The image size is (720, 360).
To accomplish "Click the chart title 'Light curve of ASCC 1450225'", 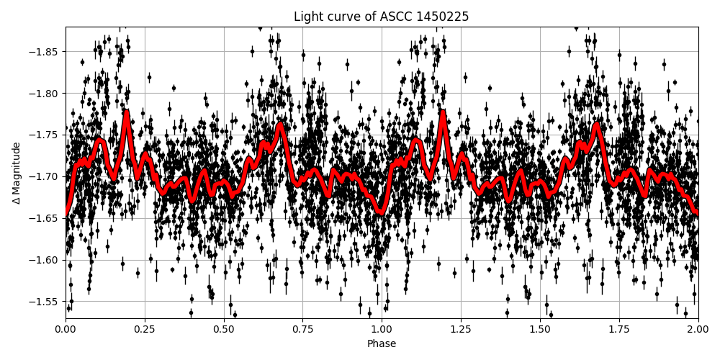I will coord(381,17).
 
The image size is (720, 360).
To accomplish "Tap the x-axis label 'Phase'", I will coord(382,344).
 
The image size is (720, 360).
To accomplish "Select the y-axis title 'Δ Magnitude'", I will coord(16,173).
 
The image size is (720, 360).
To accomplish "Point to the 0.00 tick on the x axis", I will coord(66,329).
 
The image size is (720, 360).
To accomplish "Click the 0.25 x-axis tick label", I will coord(145,329).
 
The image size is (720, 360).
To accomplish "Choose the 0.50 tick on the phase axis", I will coord(224,329).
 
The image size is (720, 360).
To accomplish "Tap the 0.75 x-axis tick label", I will coord(302,329).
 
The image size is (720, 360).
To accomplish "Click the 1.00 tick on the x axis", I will coord(382,329).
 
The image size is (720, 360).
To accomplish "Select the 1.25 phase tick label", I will coord(461,329).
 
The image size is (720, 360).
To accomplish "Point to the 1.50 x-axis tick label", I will coord(540,329).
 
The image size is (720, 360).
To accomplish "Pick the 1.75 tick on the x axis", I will coord(619,329).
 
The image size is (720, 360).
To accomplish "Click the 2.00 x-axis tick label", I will coord(698,329).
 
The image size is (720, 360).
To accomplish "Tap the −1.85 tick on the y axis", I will coord(45,52).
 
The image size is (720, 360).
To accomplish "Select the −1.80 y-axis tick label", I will coord(45,94).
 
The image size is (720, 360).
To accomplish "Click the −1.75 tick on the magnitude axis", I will coord(45,135).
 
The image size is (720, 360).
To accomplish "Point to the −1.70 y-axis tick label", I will coord(45,176).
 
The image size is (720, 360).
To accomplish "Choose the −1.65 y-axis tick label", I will coord(45,218).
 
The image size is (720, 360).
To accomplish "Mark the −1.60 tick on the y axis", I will coord(45,260).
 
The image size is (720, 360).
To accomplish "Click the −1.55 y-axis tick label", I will coord(45,302).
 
